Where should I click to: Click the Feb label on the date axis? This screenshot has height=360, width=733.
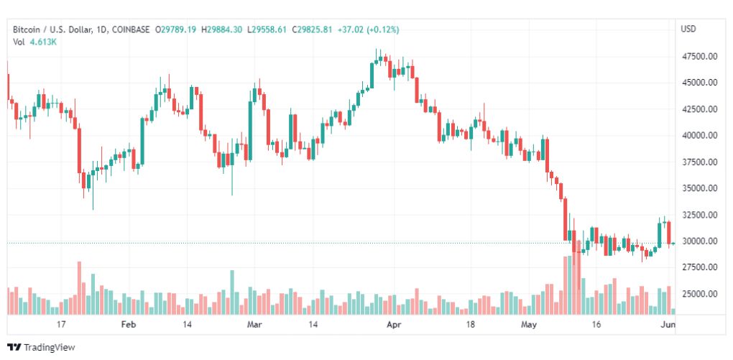[x=128, y=325]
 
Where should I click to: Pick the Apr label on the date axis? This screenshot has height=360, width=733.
[x=393, y=325]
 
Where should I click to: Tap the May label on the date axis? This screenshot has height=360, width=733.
[x=529, y=325]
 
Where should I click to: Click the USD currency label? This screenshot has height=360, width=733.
[x=688, y=29]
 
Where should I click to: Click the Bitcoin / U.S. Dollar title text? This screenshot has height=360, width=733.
[x=52, y=29]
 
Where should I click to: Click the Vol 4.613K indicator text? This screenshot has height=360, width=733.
[x=35, y=42]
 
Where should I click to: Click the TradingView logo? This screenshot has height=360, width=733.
[x=41, y=347]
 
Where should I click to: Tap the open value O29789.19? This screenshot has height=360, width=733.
[x=175, y=29]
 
